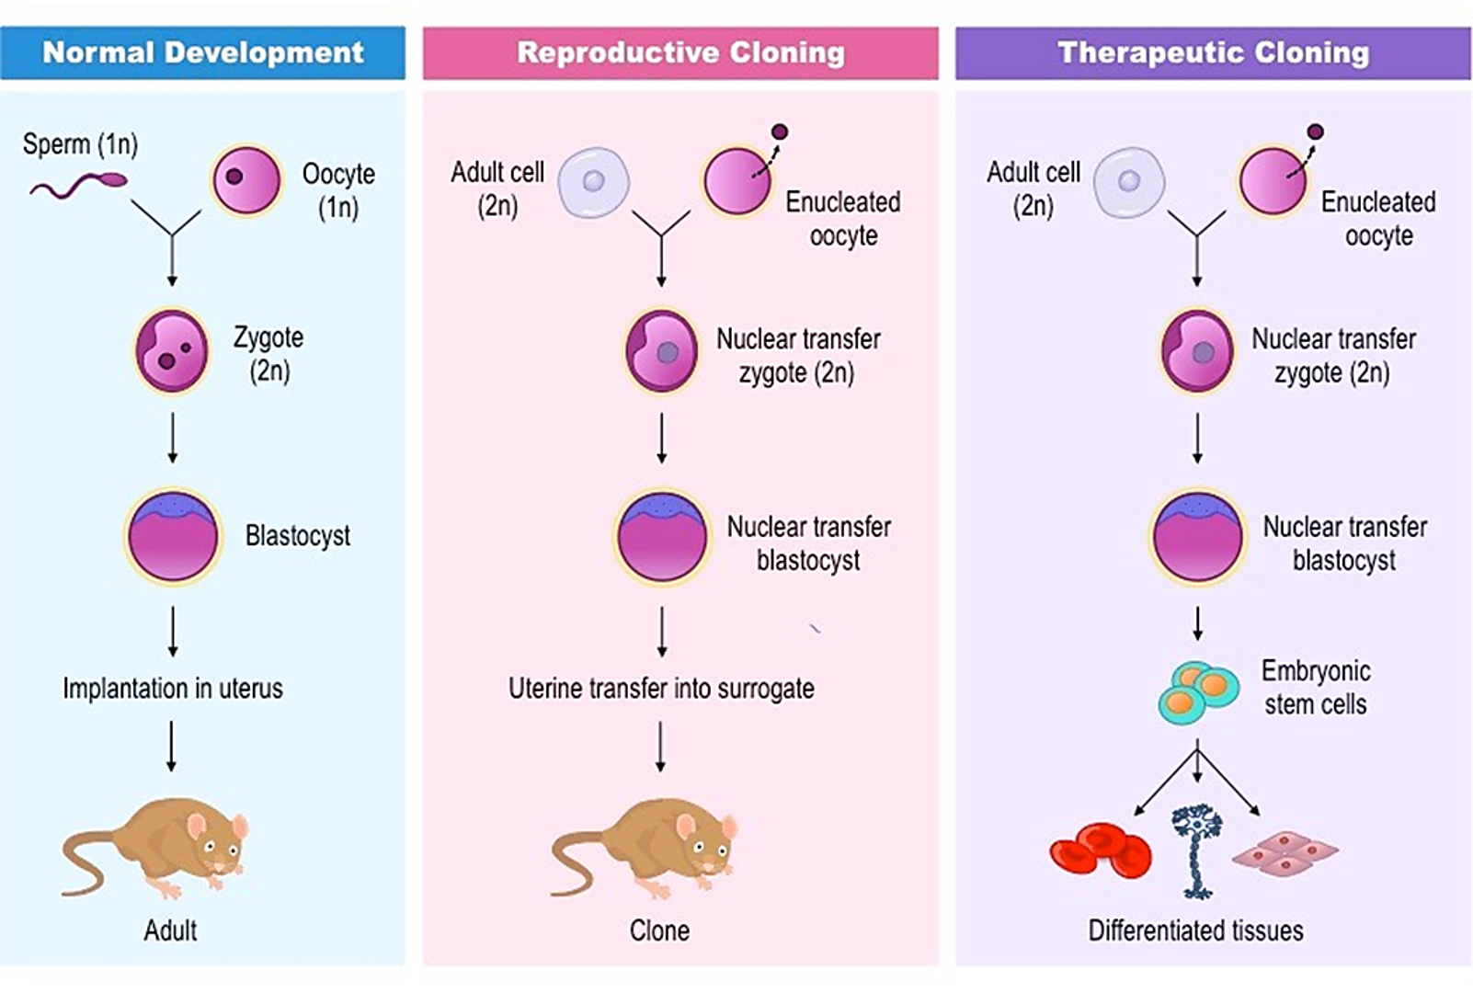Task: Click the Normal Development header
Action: (x=202, y=52)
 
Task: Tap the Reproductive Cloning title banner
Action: (x=680, y=52)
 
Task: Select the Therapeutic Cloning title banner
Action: (x=1213, y=52)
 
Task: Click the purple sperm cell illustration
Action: (x=78, y=186)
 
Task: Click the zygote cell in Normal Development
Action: (x=172, y=350)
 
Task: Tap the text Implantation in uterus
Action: (x=173, y=688)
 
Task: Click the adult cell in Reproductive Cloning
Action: (x=594, y=181)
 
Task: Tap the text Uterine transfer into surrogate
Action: (x=661, y=688)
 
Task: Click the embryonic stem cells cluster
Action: (x=1197, y=691)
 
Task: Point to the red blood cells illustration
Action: (x=1101, y=850)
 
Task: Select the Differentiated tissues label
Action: (x=1195, y=930)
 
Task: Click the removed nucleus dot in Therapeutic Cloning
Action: (x=1315, y=131)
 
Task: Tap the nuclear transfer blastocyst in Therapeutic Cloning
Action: (x=1197, y=537)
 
